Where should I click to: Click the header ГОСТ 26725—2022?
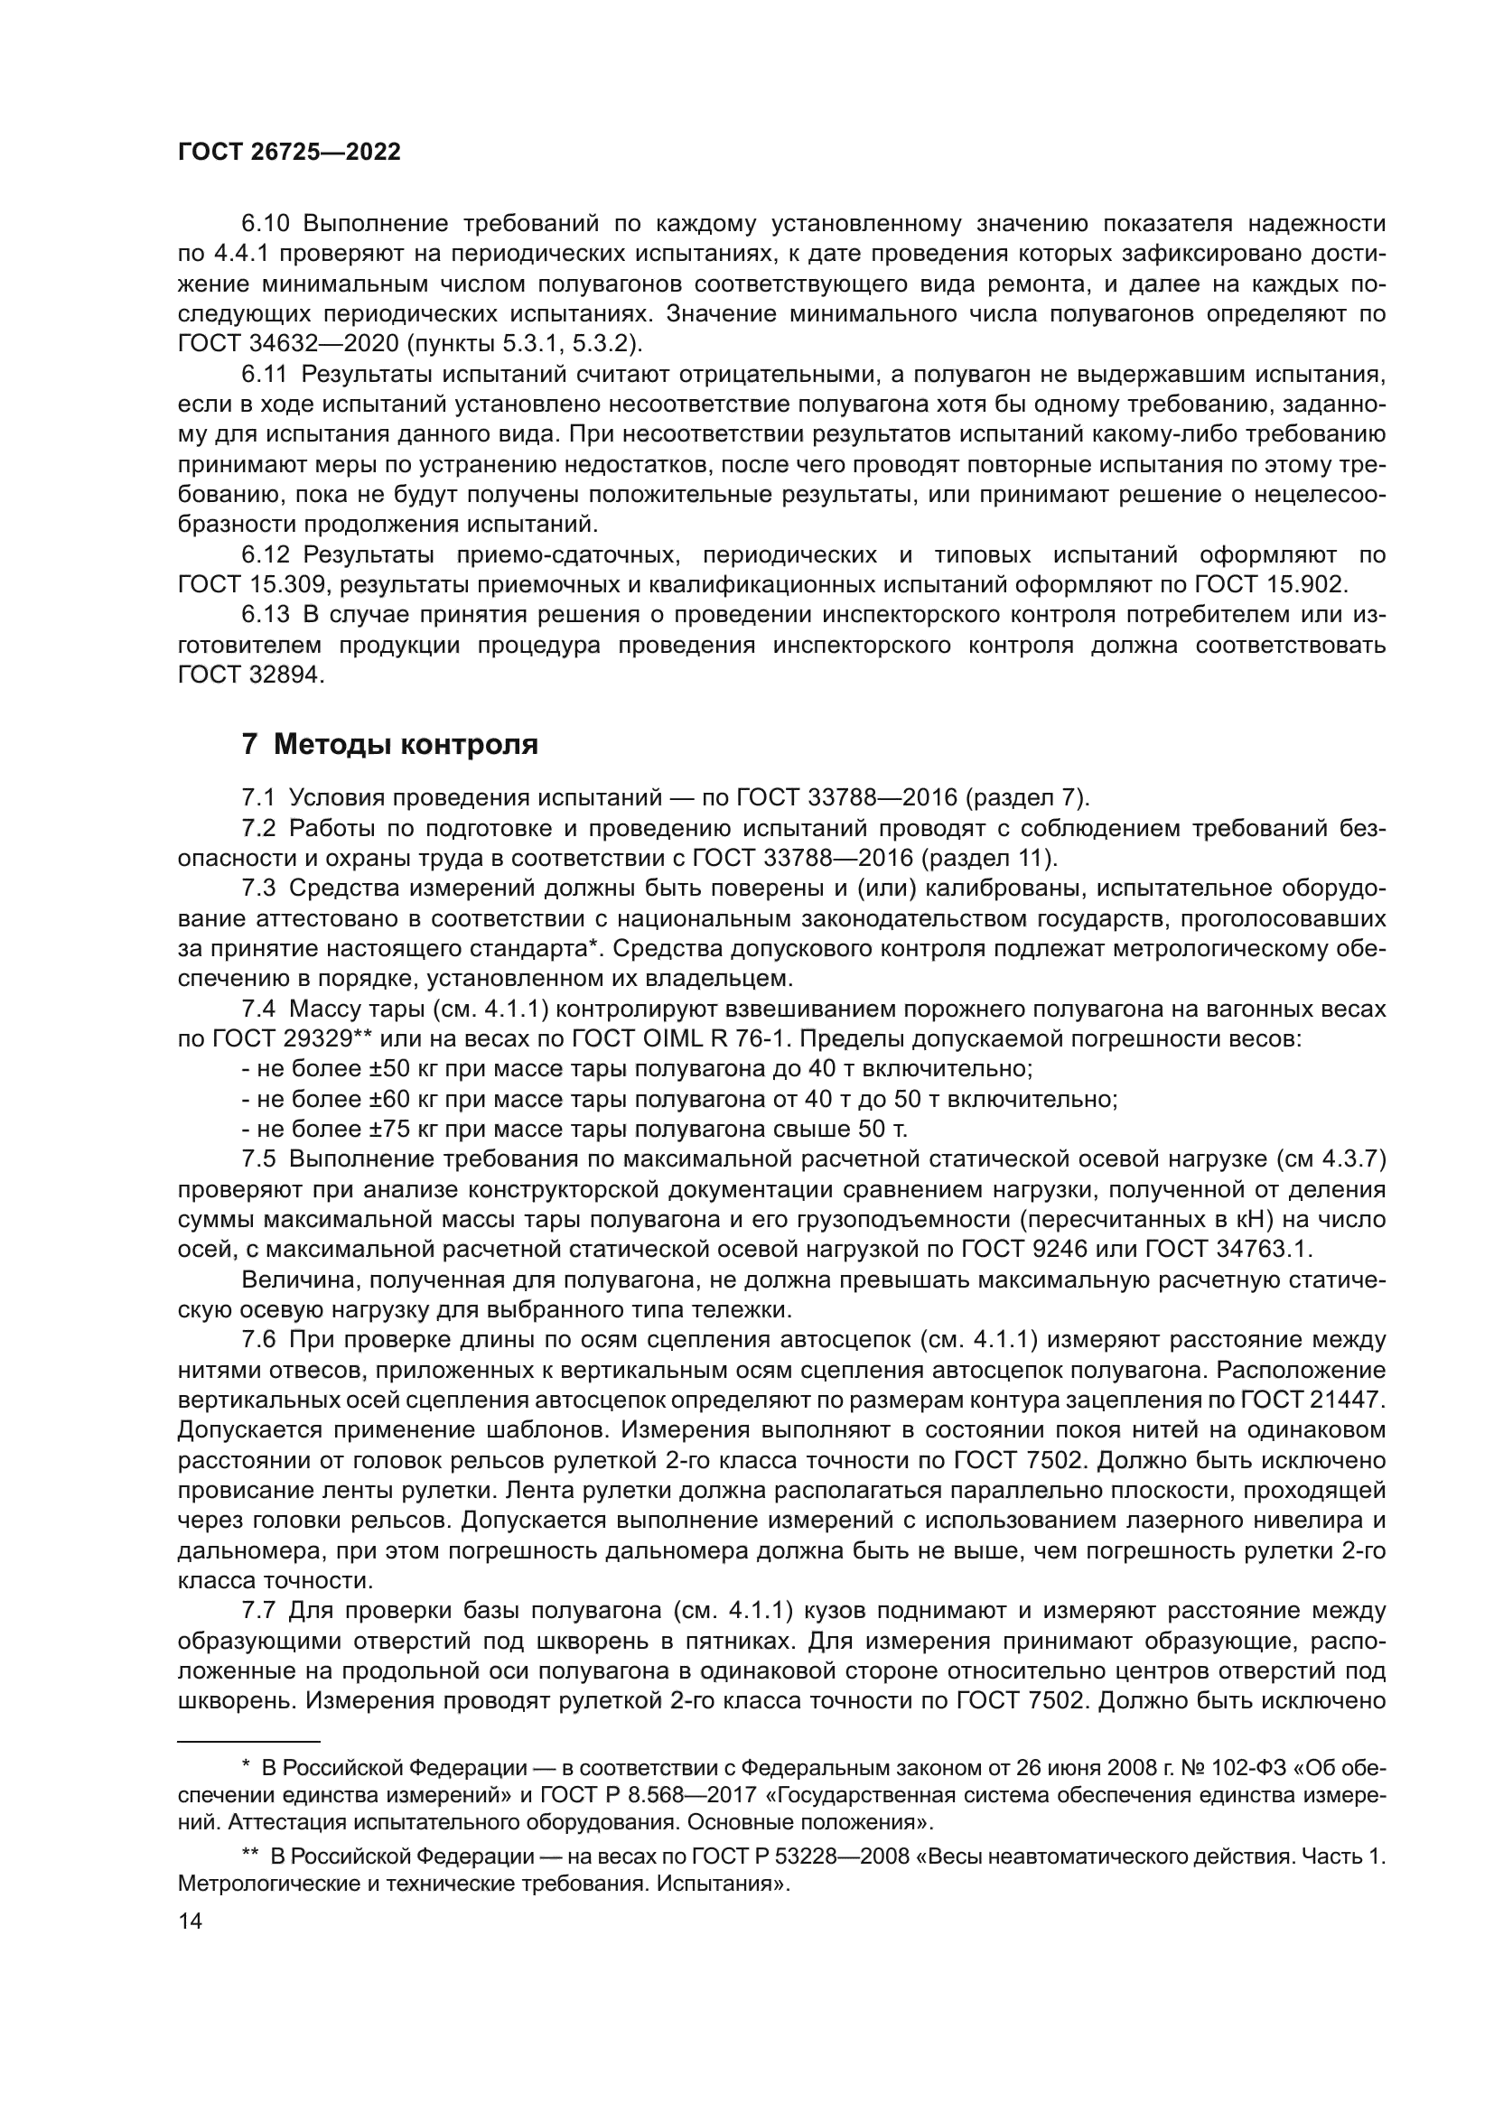[289, 153]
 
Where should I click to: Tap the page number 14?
[190, 1921]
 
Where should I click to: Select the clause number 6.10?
[266, 224]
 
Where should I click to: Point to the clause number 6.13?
[266, 615]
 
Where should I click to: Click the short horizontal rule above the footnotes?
[248, 1741]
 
